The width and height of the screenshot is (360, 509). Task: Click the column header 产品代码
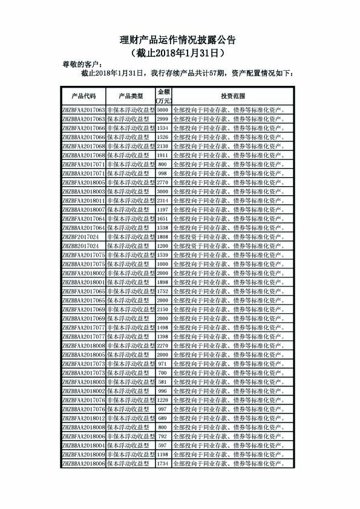pos(83,96)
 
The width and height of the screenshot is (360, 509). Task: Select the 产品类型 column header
pos(131,96)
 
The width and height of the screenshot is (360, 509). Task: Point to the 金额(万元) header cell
pos(163,96)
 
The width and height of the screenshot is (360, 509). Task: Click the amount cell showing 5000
pos(163,111)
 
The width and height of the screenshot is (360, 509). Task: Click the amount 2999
pos(163,120)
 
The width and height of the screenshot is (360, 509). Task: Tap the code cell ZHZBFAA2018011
pos(83,200)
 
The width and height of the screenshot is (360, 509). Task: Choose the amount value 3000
pos(163,191)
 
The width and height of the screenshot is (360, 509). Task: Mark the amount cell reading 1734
pos(163,464)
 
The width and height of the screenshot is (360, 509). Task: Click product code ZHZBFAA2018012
pos(83,418)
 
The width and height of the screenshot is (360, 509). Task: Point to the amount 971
pos(163,364)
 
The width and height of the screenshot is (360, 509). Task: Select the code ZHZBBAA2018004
pos(83,446)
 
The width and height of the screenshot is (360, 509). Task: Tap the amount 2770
pos(163,182)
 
